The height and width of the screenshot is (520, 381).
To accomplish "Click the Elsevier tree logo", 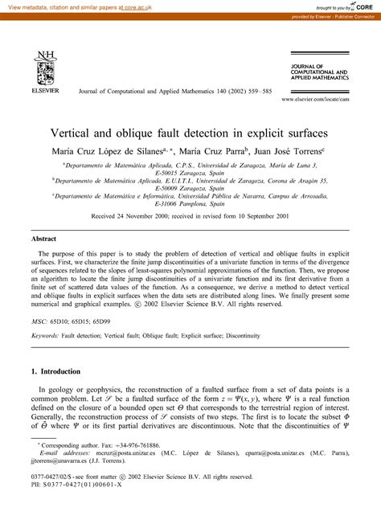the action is [x=42, y=65].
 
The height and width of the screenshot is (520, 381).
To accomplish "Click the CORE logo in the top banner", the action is [x=359, y=6].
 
